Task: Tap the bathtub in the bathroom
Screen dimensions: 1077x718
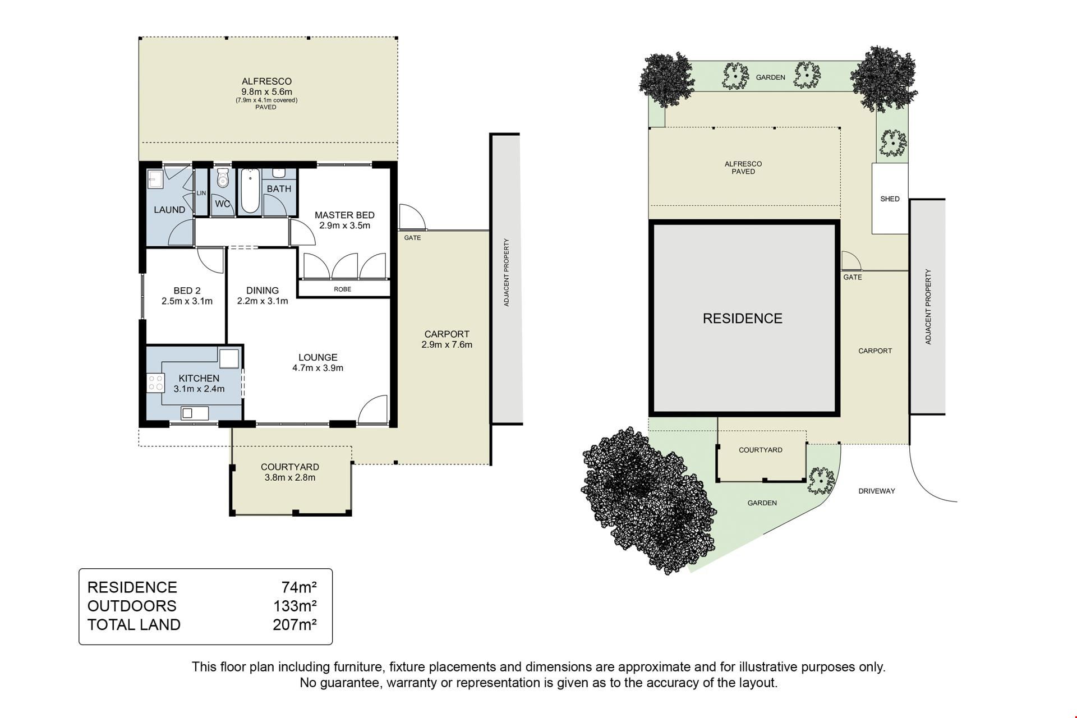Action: point(250,191)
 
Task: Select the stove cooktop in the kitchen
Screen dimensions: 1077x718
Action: point(156,383)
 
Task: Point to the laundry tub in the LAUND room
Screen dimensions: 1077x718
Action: point(155,179)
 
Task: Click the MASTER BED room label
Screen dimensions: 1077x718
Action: point(344,215)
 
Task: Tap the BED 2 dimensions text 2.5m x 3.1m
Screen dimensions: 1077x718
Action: point(187,301)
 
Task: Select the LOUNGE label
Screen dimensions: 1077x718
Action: point(317,357)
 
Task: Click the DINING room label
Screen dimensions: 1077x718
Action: point(263,291)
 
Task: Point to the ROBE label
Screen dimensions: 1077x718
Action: point(342,289)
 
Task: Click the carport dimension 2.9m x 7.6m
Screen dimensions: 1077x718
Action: point(447,345)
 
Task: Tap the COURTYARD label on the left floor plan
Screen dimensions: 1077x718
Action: point(290,467)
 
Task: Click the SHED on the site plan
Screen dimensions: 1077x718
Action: point(890,199)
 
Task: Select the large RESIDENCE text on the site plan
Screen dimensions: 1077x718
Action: point(742,319)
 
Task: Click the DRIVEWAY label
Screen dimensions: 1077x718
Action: point(877,491)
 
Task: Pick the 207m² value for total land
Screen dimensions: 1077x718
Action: point(295,625)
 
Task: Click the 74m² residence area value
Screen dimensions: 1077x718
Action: point(300,587)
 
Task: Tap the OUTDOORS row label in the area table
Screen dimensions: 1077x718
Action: point(132,606)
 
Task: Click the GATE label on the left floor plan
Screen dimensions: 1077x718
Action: point(412,238)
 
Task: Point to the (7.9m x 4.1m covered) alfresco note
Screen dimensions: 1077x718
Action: point(266,100)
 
